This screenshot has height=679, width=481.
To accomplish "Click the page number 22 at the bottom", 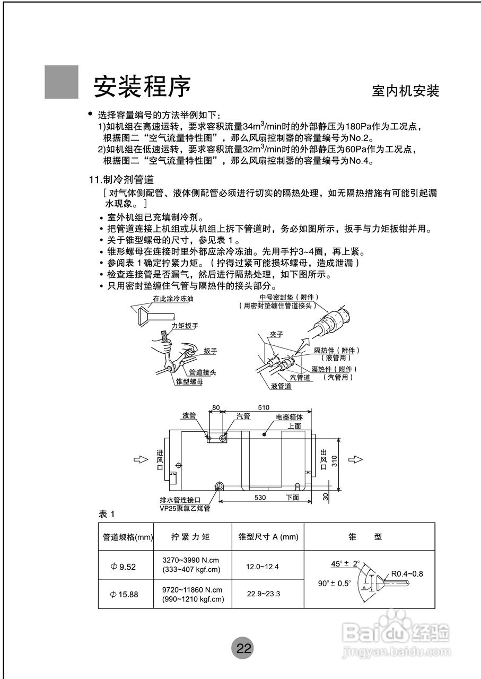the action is [243, 648].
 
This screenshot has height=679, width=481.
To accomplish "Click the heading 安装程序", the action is [142, 86].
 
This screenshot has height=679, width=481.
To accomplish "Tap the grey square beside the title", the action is [61, 82].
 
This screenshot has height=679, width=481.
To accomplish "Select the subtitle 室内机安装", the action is [405, 91].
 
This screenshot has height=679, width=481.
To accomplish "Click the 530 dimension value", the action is [260, 498].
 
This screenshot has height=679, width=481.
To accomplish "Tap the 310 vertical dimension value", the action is [334, 460].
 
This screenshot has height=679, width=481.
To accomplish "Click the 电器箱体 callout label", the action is [289, 417].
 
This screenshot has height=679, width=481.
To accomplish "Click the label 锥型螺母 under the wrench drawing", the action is [189, 381].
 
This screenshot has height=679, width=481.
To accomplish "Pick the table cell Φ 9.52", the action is [124, 567].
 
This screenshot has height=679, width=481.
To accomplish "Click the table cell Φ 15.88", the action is [124, 594].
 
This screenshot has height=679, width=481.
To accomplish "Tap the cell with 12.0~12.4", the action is [262, 567].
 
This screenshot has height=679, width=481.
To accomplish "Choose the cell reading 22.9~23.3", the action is [263, 594].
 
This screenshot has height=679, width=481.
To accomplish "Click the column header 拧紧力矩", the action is [190, 537].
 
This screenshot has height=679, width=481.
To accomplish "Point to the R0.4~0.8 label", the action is [407, 573].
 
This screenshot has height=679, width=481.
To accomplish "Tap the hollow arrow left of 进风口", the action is [139, 459].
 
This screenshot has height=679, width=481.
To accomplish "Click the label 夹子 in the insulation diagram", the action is [277, 334].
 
